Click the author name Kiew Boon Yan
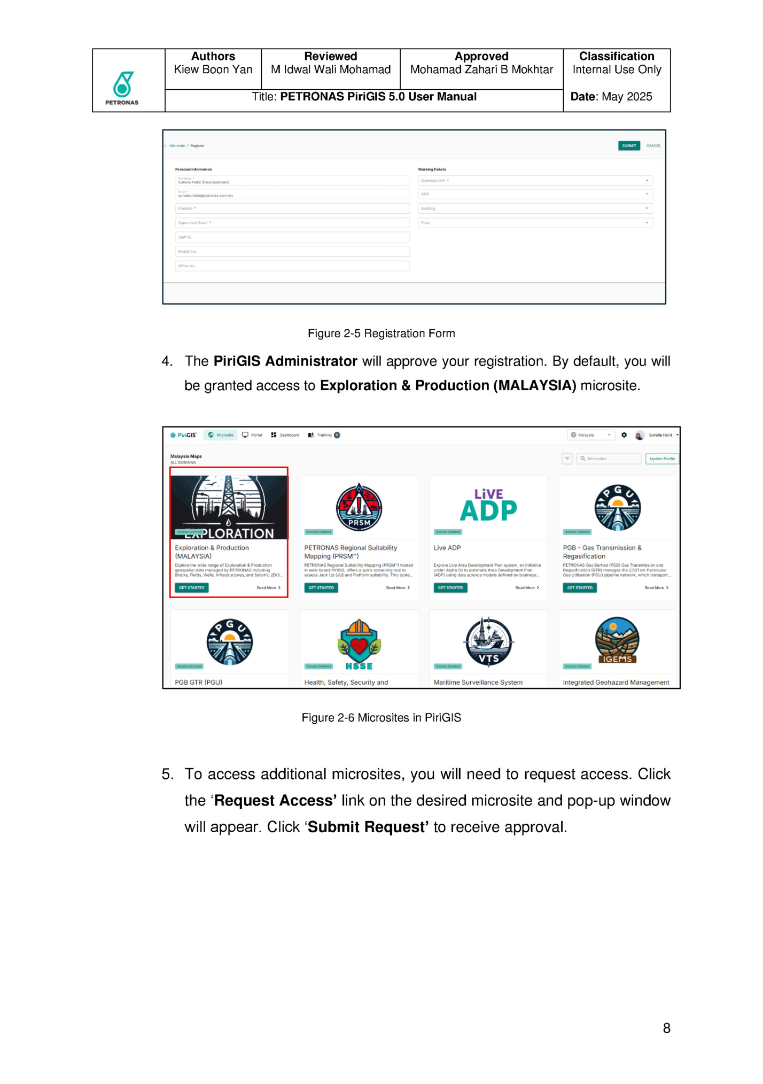[x=213, y=70]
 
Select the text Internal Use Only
[x=617, y=70]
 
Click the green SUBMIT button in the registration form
[x=629, y=146]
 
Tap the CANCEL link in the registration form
[x=653, y=146]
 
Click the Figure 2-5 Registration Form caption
[x=381, y=334]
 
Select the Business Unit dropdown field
[x=535, y=181]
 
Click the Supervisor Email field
[x=292, y=223]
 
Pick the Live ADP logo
[x=488, y=505]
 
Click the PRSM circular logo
[x=359, y=507]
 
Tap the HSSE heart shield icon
[x=359, y=644]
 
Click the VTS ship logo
[x=488, y=642]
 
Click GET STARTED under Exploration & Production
[x=192, y=588]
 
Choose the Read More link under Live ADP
[x=527, y=588]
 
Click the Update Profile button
[x=662, y=459]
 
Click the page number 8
[x=666, y=1028]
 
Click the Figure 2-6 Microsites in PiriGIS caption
[x=381, y=718]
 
